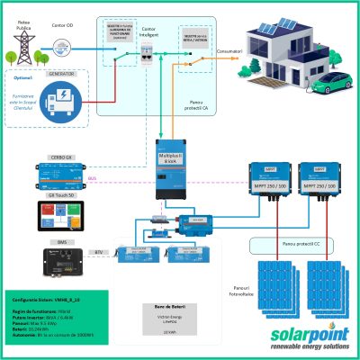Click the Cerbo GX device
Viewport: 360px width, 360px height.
click(59, 168)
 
